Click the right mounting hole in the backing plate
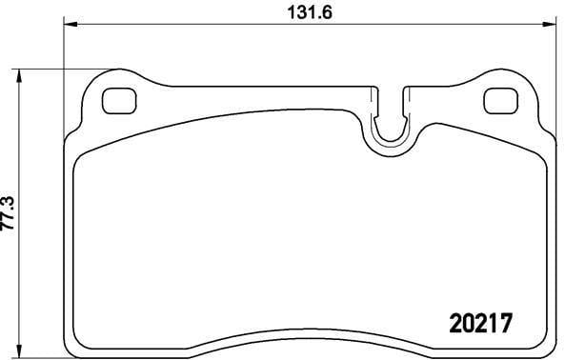pyautogui.click(x=497, y=99)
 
